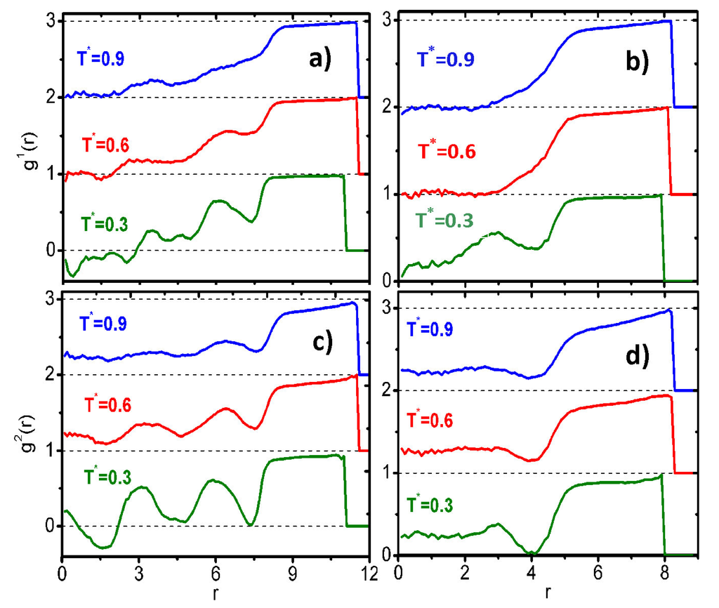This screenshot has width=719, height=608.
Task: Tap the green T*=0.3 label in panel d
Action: (x=440, y=504)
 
